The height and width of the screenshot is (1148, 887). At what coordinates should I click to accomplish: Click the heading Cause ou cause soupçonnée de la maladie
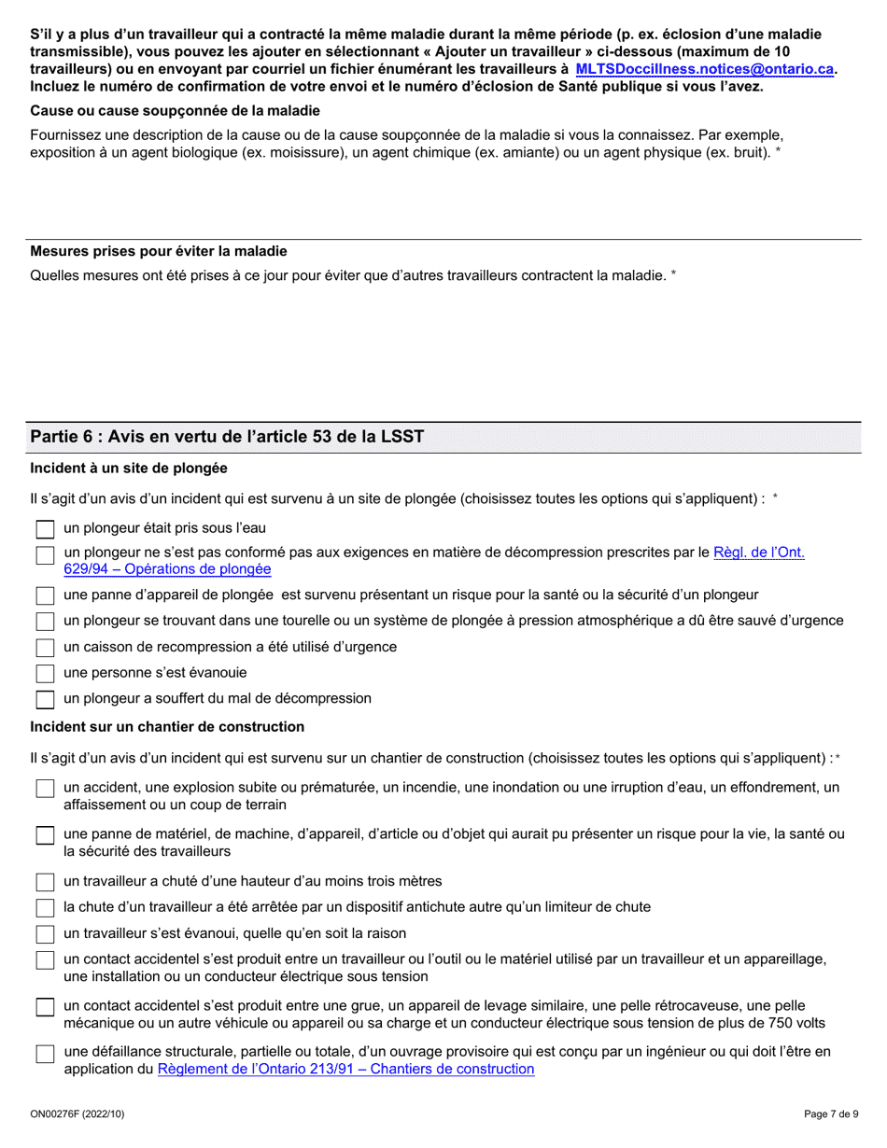coord(175,110)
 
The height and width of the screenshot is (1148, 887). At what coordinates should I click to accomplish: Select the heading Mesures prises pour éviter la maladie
coord(159,251)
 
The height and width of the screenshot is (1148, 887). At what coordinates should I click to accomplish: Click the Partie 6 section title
coord(227,437)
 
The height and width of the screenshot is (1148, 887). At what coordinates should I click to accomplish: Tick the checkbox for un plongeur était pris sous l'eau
coord(45,529)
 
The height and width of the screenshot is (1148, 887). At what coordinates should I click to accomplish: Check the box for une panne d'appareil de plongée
coord(45,595)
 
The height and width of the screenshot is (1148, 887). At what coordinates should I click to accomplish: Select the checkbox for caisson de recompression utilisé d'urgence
coord(45,648)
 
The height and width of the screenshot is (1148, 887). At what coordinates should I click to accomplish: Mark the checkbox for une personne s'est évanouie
coord(45,673)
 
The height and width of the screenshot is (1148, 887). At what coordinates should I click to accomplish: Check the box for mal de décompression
coord(45,699)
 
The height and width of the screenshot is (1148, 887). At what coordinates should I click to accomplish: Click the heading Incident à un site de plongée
coord(129,468)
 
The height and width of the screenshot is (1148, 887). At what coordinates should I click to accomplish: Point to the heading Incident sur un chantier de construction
coord(167,726)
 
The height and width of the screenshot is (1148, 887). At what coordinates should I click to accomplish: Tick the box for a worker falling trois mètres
coord(45,882)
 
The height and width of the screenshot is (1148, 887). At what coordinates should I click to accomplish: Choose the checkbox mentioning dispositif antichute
coord(45,908)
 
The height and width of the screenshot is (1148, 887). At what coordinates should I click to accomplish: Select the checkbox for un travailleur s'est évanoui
coord(45,934)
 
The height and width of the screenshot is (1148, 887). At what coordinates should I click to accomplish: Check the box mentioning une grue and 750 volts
coord(45,1007)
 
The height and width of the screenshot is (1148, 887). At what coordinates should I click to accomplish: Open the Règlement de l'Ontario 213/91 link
coord(345,1069)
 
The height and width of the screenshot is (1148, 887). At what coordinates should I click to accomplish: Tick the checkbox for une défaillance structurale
coord(45,1054)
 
